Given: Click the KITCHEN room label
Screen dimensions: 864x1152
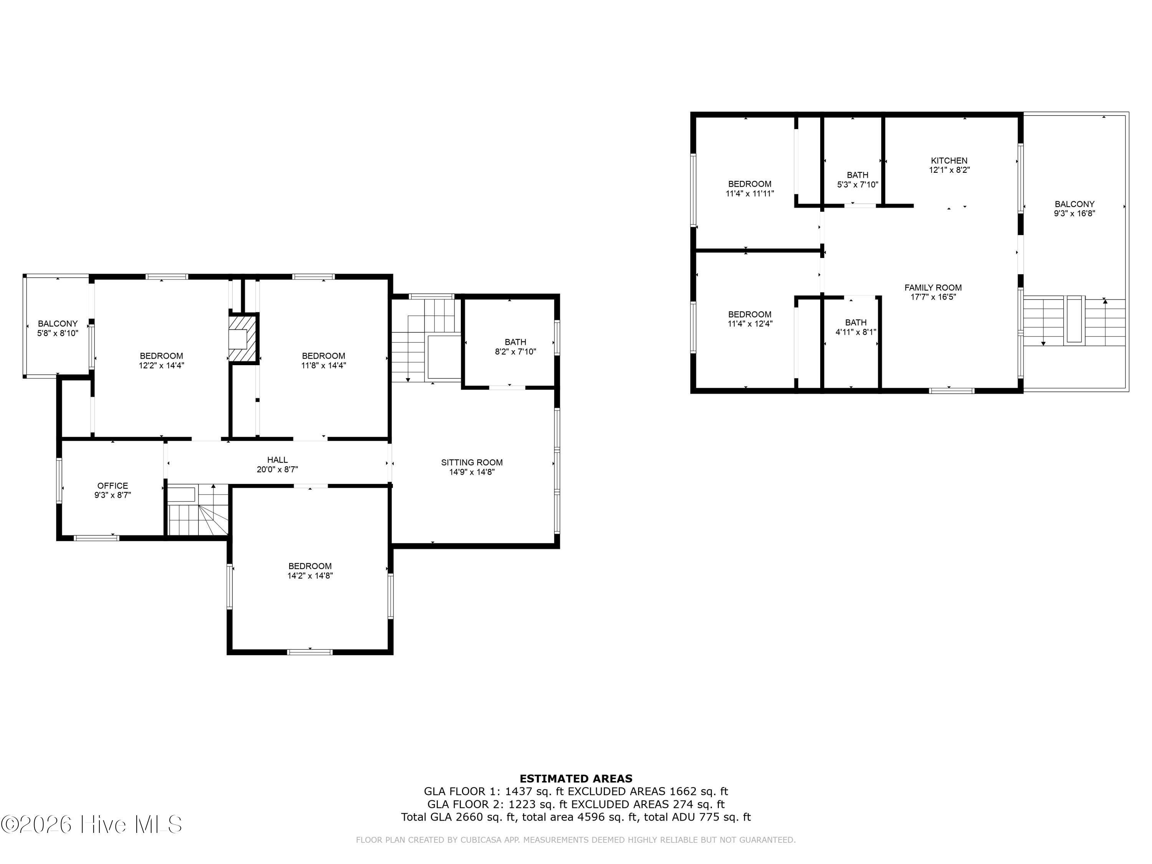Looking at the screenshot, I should click(x=949, y=161).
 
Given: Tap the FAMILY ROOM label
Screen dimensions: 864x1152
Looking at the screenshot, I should click(x=933, y=288).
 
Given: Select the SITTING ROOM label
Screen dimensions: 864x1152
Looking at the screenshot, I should click(x=472, y=462).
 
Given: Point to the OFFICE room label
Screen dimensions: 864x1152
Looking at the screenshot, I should click(x=113, y=486).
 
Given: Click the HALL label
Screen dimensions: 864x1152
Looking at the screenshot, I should click(x=277, y=460).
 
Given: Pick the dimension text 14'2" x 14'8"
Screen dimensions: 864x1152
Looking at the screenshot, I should click(x=310, y=576).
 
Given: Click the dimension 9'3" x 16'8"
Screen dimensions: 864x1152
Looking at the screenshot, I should click(x=1074, y=213).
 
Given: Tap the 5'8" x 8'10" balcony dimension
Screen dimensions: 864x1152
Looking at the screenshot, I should click(x=57, y=333).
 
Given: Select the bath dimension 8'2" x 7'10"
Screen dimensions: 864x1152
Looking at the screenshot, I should click(x=515, y=351).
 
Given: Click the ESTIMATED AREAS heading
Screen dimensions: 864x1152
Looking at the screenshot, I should click(x=576, y=779).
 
